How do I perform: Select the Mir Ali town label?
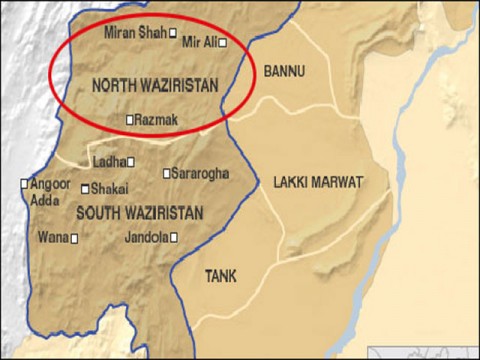click(198, 42)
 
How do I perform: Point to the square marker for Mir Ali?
click(224, 43)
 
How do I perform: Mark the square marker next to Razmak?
click(129, 120)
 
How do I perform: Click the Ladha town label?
click(108, 161)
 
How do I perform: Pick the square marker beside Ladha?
click(130, 161)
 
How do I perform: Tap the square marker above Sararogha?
click(167, 173)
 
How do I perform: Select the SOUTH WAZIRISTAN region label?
click(139, 213)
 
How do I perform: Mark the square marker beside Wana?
click(74, 238)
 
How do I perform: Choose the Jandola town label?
click(147, 237)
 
